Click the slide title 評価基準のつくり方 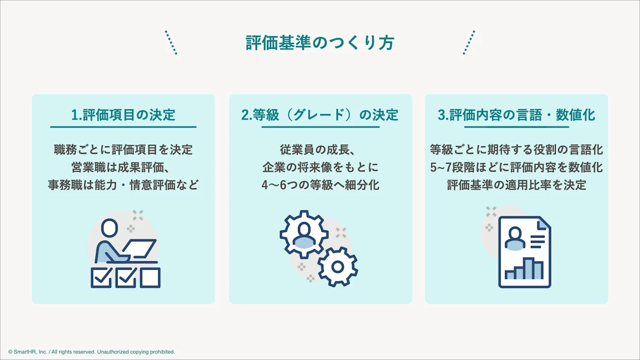[320, 43]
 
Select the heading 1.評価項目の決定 [123, 115]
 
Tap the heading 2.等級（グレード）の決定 [320, 115]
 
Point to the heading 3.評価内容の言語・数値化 [516, 115]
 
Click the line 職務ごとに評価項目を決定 [123, 150]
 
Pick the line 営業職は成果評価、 [123, 167]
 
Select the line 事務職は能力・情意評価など [123, 184]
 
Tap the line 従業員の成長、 [320, 150]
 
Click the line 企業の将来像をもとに [320, 167]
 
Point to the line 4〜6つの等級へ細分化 [320, 184]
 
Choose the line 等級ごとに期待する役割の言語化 [516, 150]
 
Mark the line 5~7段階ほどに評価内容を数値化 [516, 167]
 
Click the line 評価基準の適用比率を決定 [516, 184]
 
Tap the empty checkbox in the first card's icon [150, 278]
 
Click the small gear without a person [337, 267]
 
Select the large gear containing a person [304, 234]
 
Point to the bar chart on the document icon [524, 269]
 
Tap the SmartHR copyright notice [91, 352]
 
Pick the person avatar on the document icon [514, 239]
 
